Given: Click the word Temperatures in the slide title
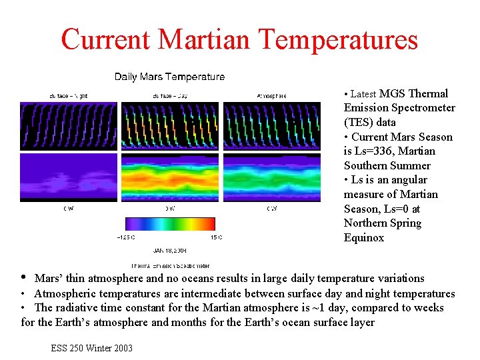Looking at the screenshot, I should tap(339, 40).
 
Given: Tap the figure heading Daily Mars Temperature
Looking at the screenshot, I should tap(169, 77).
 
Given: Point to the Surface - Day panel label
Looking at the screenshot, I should tap(169, 96).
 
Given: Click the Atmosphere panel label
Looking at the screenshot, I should tap(271, 96).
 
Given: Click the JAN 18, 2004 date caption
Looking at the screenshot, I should tap(170, 251).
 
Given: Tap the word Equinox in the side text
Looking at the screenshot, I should tap(364, 238).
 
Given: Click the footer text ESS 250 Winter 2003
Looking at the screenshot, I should tap(91, 348).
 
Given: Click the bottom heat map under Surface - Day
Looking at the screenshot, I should tap(169, 177).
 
